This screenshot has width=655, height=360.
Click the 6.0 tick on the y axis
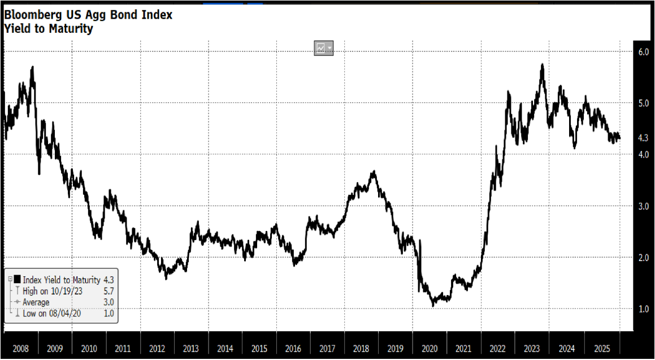pyautogui.click(x=643, y=51)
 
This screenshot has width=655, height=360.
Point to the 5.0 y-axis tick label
pyautogui.click(x=643, y=103)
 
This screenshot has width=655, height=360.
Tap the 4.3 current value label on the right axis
pyautogui.click(x=643, y=138)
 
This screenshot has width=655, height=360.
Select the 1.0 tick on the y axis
pyautogui.click(x=643, y=309)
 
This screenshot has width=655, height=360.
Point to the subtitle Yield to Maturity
pyautogui.click(x=49, y=28)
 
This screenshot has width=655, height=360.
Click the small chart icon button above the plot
pyautogui.click(x=323, y=49)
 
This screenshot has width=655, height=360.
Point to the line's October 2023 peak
pyautogui.click(x=542, y=64)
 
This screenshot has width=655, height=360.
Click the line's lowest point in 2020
pyautogui.click(x=433, y=306)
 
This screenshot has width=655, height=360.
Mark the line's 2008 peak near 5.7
pyautogui.click(x=32, y=67)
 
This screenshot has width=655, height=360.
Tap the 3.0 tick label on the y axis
pyautogui.click(x=643, y=206)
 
